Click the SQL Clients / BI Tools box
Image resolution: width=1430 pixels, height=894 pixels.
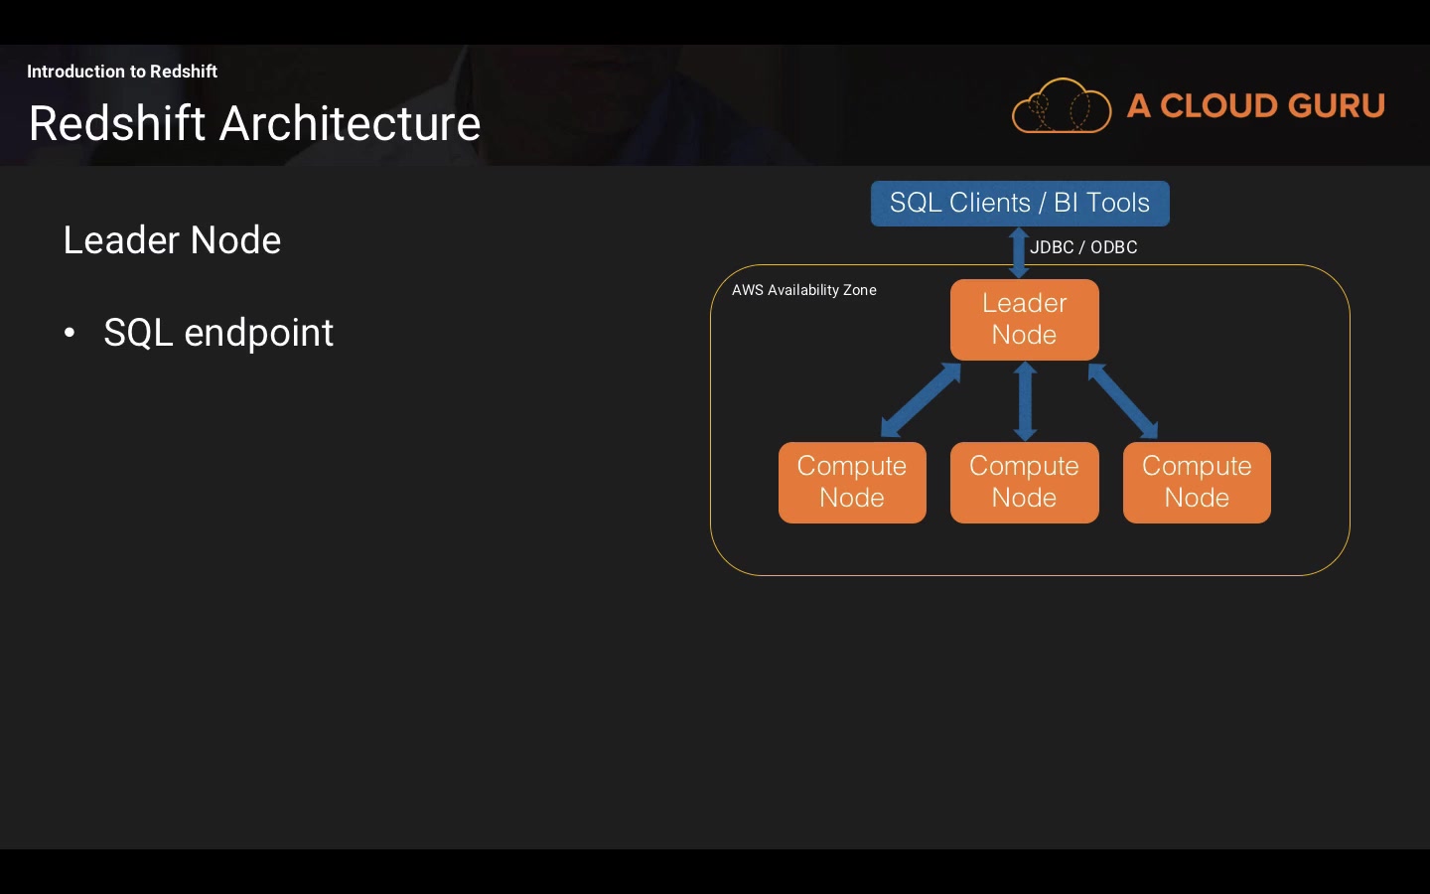[x=1020, y=203]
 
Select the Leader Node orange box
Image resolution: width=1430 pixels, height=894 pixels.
[x=1025, y=319]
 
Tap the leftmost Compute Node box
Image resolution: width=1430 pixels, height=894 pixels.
[x=852, y=483]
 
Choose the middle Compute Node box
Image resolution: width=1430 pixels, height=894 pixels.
[x=1025, y=483]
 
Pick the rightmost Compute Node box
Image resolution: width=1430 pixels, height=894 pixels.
[x=1197, y=483]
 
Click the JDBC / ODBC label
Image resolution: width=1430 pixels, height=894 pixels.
[x=1083, y=247]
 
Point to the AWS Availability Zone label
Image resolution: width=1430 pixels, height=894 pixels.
[x=803, y=290]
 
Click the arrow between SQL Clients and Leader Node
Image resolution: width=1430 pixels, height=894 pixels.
[x=1019, y=253]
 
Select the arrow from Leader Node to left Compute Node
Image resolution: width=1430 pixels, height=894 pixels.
[x=921, y=399]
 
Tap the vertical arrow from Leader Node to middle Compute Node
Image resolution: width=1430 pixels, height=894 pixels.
[x=1025, y=401]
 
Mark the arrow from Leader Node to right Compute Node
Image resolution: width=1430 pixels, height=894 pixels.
[x=1123, y=401]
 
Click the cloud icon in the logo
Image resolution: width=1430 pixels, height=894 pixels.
[x=1062, y=106]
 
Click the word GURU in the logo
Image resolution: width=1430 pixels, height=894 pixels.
[x=1338, y=106]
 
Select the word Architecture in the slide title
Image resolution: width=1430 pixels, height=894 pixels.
[x=350, y=123]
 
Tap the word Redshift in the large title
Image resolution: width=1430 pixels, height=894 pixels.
[x=117, y=123]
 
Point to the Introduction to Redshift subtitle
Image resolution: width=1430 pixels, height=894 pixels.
[x=122, y=71]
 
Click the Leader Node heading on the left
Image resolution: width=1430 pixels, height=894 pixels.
[x=172, y=240]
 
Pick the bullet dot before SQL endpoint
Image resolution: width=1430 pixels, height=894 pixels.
[x=70, y=332]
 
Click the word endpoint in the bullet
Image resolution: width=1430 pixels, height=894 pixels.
[x=258, y=333]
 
